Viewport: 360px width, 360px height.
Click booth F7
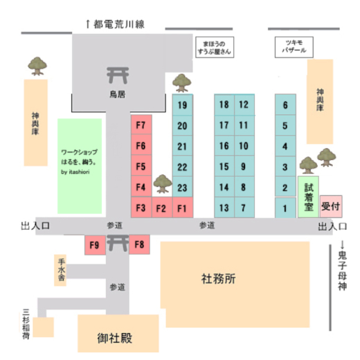tap(141, 125)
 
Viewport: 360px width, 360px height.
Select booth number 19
tap(182, 105)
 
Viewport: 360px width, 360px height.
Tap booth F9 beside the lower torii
tap(95, 245)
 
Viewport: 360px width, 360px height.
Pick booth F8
tap(139, 244)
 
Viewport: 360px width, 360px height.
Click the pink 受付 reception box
tap(331, 206)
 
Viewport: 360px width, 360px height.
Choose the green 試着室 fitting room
tap(308, 197)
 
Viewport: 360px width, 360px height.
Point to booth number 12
tap(244, 105)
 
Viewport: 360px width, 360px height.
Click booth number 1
tap(285, 208)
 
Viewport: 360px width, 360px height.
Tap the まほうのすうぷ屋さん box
tap(215, 47)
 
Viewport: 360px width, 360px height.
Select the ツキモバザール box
tap(294, 47)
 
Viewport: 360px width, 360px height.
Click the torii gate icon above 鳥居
tap(118, 75)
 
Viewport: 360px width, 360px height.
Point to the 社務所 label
tap(218, 279)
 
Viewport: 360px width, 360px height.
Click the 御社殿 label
tap(115, 339)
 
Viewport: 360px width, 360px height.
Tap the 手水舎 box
tap(60, 271)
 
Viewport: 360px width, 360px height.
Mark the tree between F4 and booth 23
tap(163, 183)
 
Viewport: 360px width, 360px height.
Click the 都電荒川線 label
tap(119, 24)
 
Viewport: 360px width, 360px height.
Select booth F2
tap(162, 207)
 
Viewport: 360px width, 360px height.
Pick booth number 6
tap(285, 105)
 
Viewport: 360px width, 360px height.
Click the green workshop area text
tap(79, 162)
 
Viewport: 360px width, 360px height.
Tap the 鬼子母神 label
tap(343, 271)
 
